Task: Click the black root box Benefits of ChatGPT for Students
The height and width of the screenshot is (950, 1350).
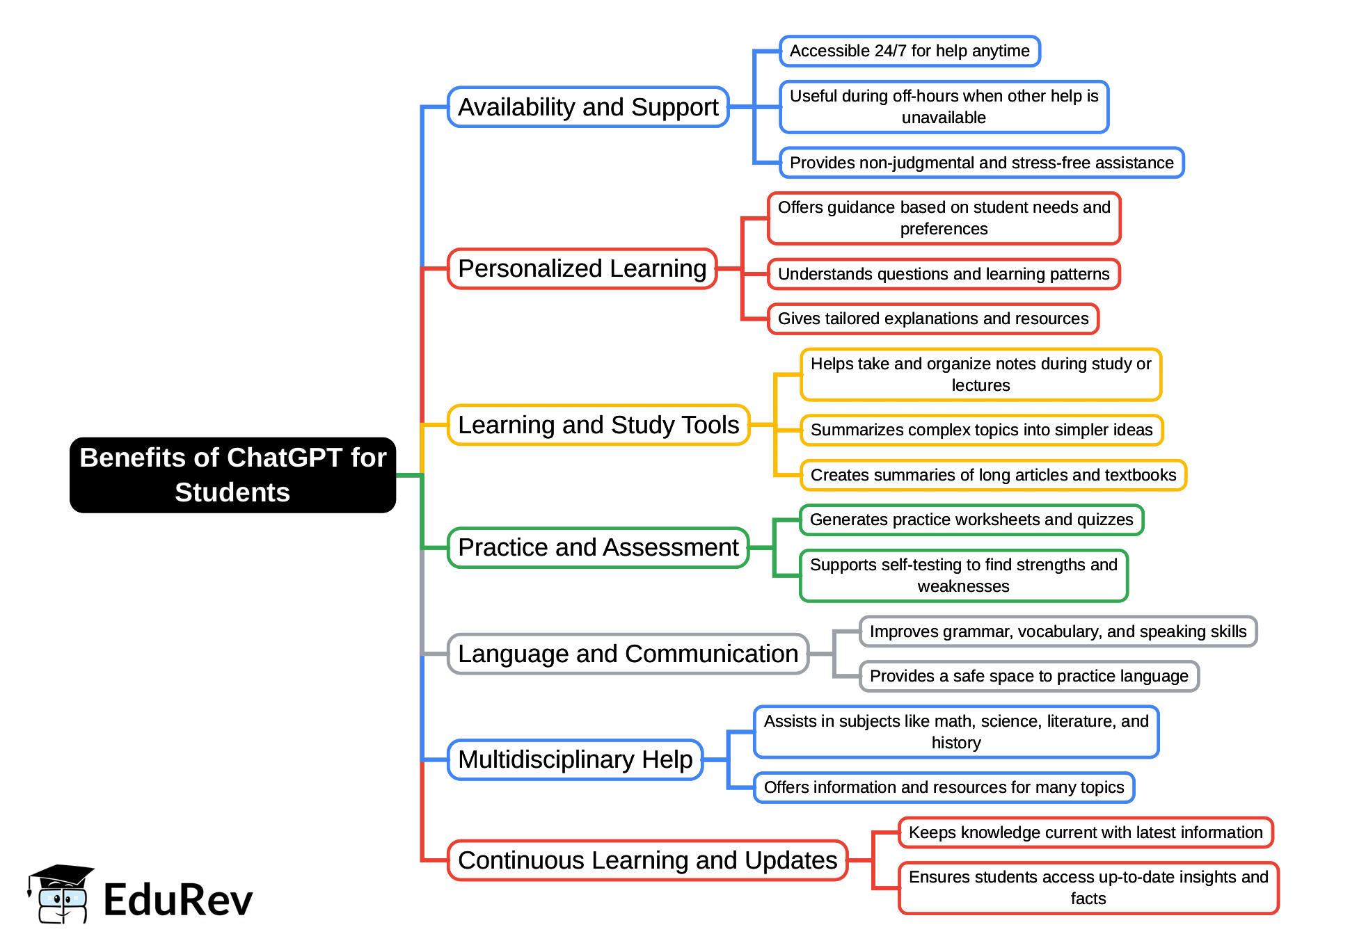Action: [x=232, y=475]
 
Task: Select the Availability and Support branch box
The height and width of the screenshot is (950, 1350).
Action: [x=588, y=107]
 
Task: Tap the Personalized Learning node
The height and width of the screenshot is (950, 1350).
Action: [x=582, y=268]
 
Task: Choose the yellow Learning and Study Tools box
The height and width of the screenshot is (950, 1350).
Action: [x=598, y=425]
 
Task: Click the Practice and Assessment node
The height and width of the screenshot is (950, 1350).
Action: [x=598, y=547]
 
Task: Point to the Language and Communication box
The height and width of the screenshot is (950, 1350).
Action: [x=628, y=654]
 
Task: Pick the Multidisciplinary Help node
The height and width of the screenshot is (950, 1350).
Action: [x=575, y=759]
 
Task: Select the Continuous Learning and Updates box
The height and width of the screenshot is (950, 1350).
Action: [x=647, y=860]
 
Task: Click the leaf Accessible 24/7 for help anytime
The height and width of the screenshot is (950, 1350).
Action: [x=910, y=51]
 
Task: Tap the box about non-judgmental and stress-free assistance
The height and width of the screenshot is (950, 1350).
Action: [x=981, y=163]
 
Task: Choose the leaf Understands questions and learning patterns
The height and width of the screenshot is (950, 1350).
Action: [x=944, y=274]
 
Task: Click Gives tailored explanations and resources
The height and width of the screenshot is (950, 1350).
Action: [x=932, y=319]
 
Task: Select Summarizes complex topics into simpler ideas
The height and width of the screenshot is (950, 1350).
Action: [x=981, y=430]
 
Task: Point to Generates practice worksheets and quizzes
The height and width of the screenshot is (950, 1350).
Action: [x=971, y=520]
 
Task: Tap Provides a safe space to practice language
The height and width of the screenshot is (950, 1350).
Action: [x=1029, y=676]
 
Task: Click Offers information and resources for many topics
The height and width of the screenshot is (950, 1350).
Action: [x=944, y=787]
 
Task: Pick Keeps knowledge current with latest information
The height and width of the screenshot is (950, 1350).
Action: [x=1086, y=832]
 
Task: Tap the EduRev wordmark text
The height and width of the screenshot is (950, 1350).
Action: [x=178, y=900]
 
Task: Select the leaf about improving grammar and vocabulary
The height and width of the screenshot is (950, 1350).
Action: [x=1058, y=631]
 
